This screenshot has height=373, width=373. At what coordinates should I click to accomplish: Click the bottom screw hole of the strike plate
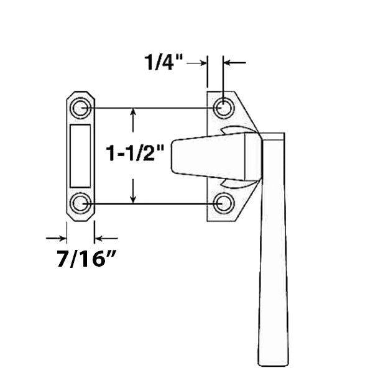tap(80, 203)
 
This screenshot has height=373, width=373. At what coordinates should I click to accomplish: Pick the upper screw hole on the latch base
tap(223, 109)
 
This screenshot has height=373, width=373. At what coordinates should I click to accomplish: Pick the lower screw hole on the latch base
tap(223, 203)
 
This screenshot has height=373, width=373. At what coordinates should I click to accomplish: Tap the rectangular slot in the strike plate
tap(80, 155)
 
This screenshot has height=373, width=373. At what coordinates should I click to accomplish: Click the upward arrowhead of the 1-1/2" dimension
tap(132, 113)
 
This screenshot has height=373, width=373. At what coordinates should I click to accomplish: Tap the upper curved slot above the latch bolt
tap(236, 130)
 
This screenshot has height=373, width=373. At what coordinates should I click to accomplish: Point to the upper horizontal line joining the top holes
tap(149, 108)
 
